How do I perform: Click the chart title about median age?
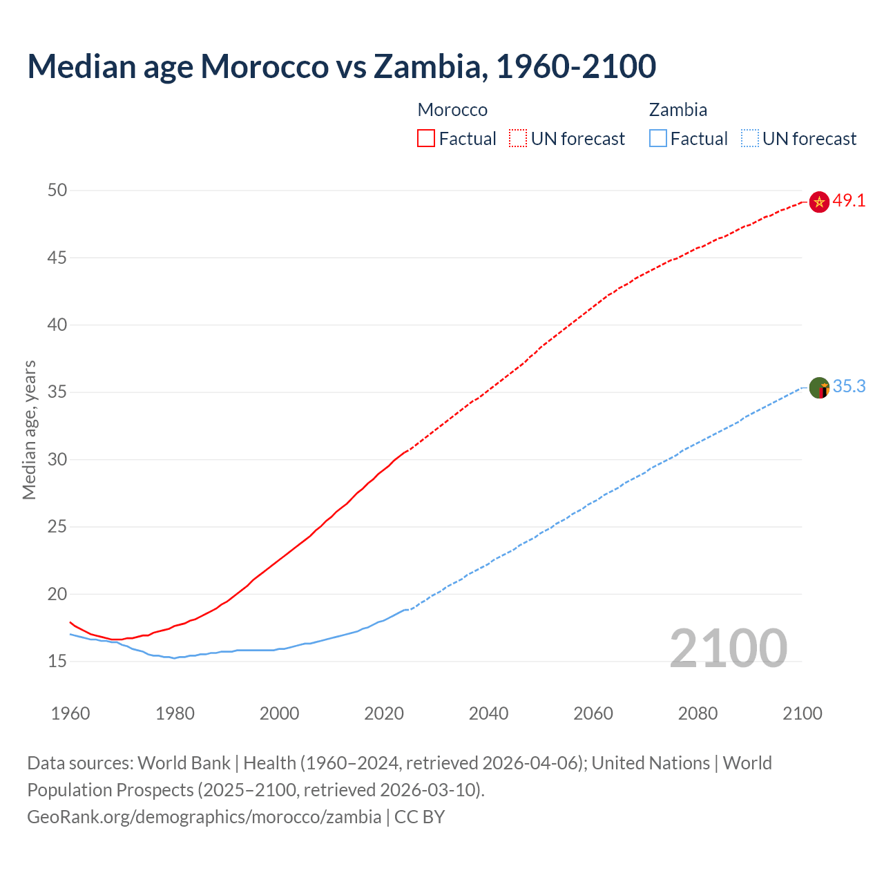(341, 66)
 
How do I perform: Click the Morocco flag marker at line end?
(818, 202)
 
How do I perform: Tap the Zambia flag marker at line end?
(818, 387)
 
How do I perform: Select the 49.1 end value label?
(849, 201)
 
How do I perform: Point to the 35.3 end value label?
(849, 387)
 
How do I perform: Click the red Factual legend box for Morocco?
(426, 138)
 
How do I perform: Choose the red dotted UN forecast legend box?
(518, 138)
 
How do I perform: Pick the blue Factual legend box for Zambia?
(657, 138)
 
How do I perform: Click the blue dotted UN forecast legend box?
(749, 138)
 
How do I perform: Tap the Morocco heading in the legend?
(452, 110)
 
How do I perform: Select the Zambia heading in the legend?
(678, 110)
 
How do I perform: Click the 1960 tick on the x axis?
(70, 713)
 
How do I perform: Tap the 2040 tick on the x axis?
(488, 713)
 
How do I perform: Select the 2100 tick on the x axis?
(802, 713)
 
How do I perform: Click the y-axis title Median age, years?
(29, 430)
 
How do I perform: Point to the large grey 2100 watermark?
(728, 648)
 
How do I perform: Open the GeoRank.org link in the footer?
(204, 817)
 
